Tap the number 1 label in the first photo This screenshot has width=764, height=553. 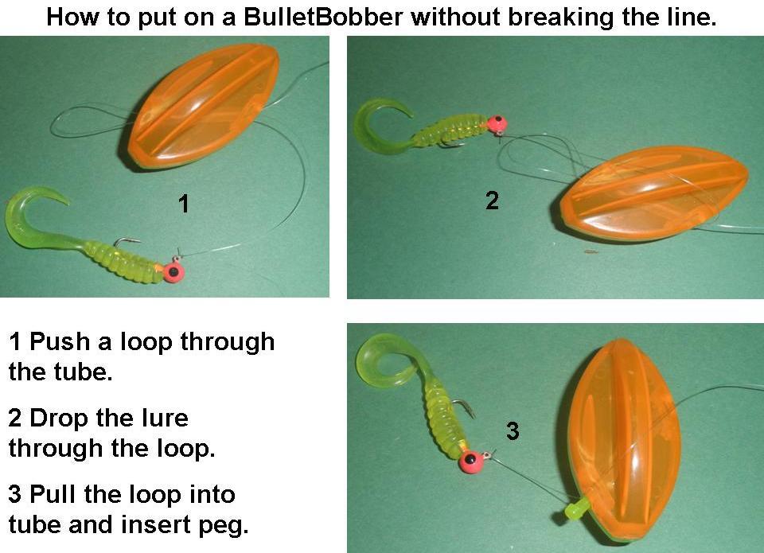tap(184, 204)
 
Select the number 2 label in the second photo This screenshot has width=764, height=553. tap(492, 201)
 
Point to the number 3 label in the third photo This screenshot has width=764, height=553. tap(513, 432)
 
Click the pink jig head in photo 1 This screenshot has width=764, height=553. tap(174, 271)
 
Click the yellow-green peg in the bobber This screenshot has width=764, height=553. tap(574, 506)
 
